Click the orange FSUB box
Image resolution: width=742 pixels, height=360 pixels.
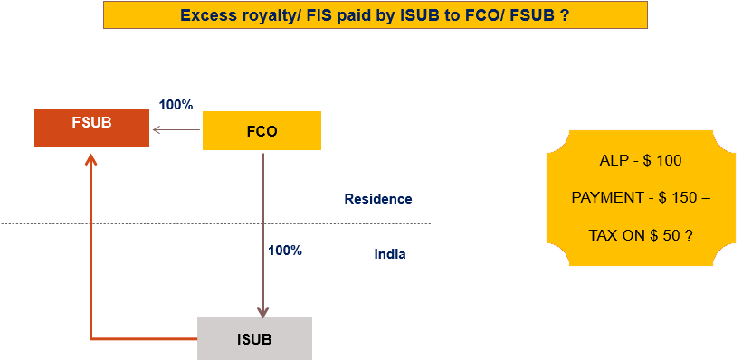(x=91, y=128)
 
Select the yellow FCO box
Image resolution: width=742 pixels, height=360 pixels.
(x=262, y=130)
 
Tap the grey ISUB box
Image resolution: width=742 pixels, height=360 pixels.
(x=254, y=339)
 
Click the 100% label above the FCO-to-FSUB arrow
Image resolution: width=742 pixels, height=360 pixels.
(x=176, y=104)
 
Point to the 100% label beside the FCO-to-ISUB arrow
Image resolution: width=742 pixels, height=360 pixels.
(x=284, y=251)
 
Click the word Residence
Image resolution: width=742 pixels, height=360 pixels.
(x=377, y=199)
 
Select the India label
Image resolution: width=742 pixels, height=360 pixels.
(x=390, y=254)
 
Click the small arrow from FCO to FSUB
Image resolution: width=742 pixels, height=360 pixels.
(x=176, y=130)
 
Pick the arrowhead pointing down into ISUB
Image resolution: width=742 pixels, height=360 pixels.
(x=262, y=310)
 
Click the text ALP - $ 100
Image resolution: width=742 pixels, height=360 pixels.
(x=640, y=161)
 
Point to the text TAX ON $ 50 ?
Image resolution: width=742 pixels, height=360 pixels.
(x=640, y=234)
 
